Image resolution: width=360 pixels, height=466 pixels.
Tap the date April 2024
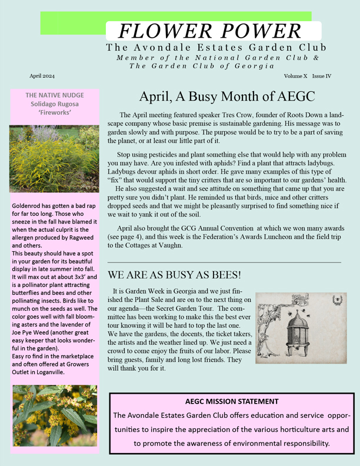tap(42, 76)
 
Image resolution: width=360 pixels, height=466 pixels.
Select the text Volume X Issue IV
tap(307, 76)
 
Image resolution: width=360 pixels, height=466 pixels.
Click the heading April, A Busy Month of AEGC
tap(227, 96)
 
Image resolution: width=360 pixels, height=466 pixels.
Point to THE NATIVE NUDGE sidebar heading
tap(54, 95)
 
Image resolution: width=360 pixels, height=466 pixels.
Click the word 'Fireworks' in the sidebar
tap(54, 112)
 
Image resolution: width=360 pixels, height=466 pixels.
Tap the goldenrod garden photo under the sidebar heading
tap(54, 159)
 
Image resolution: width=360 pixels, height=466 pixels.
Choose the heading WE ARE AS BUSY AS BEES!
tap(175, 275)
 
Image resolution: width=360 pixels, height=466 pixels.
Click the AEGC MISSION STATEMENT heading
tap(232, 401)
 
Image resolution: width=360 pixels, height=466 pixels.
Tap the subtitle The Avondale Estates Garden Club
tap(216, 47)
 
